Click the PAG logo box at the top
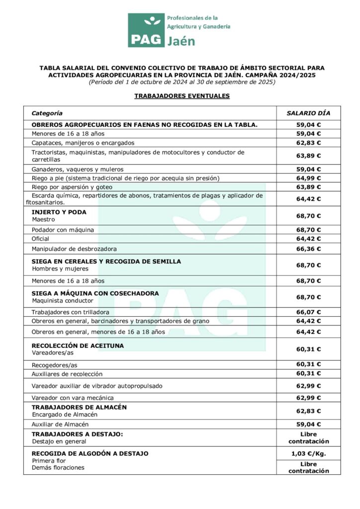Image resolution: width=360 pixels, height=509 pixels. click(146, 30)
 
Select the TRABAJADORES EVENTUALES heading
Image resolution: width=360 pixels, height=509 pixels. click(182, 96)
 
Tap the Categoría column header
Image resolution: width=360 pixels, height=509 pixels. click(47, 113)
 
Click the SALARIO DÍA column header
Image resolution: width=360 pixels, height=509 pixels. click(308, 113)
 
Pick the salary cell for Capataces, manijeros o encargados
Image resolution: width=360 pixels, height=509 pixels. click(308, 143)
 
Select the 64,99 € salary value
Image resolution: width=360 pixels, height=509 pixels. click(308, 178)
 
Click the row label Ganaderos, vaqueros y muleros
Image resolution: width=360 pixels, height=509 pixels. click(78, 169)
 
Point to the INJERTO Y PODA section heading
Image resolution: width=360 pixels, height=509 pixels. click(59, 212)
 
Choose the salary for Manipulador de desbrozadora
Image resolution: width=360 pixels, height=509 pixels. click(308, 249)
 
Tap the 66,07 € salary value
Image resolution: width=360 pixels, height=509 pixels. click(308, 312)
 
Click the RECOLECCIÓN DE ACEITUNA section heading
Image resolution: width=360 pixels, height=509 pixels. click(78, 345)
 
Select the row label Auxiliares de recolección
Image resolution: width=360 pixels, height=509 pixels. click(67, 374)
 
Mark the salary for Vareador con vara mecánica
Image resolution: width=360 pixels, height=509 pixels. click(308, 398)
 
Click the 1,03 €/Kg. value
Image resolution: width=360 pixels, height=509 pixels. click(308, 454)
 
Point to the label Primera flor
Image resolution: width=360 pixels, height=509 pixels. click(49, 461)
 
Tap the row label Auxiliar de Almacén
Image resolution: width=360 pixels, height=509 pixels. click(60, 424)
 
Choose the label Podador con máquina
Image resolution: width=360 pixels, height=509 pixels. click(63, 230)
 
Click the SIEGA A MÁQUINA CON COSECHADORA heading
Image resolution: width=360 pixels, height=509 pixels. click(95, 293)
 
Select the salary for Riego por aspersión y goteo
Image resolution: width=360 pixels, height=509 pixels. click(308, 187)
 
